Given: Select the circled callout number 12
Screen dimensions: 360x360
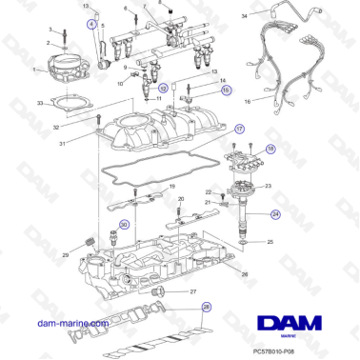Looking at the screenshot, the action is [163, 88].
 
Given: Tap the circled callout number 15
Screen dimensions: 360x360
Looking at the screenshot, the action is [226, 91].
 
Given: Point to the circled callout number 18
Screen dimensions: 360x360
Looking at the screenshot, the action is [270, 150].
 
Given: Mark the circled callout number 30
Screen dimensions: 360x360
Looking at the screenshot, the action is [123, 225].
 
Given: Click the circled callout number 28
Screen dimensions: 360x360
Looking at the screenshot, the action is [205, 308].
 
